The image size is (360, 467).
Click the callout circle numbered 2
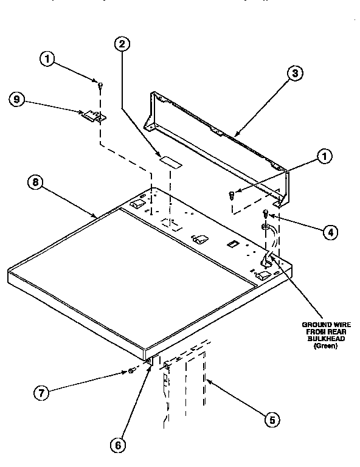click(122, 44)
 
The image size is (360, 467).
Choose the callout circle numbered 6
click(118, 445)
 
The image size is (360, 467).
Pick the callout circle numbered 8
click(35, 182)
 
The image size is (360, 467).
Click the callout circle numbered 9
click(18, 99)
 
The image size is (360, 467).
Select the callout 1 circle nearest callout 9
click(47, 59)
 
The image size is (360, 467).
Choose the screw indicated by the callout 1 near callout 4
click(231, 195)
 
